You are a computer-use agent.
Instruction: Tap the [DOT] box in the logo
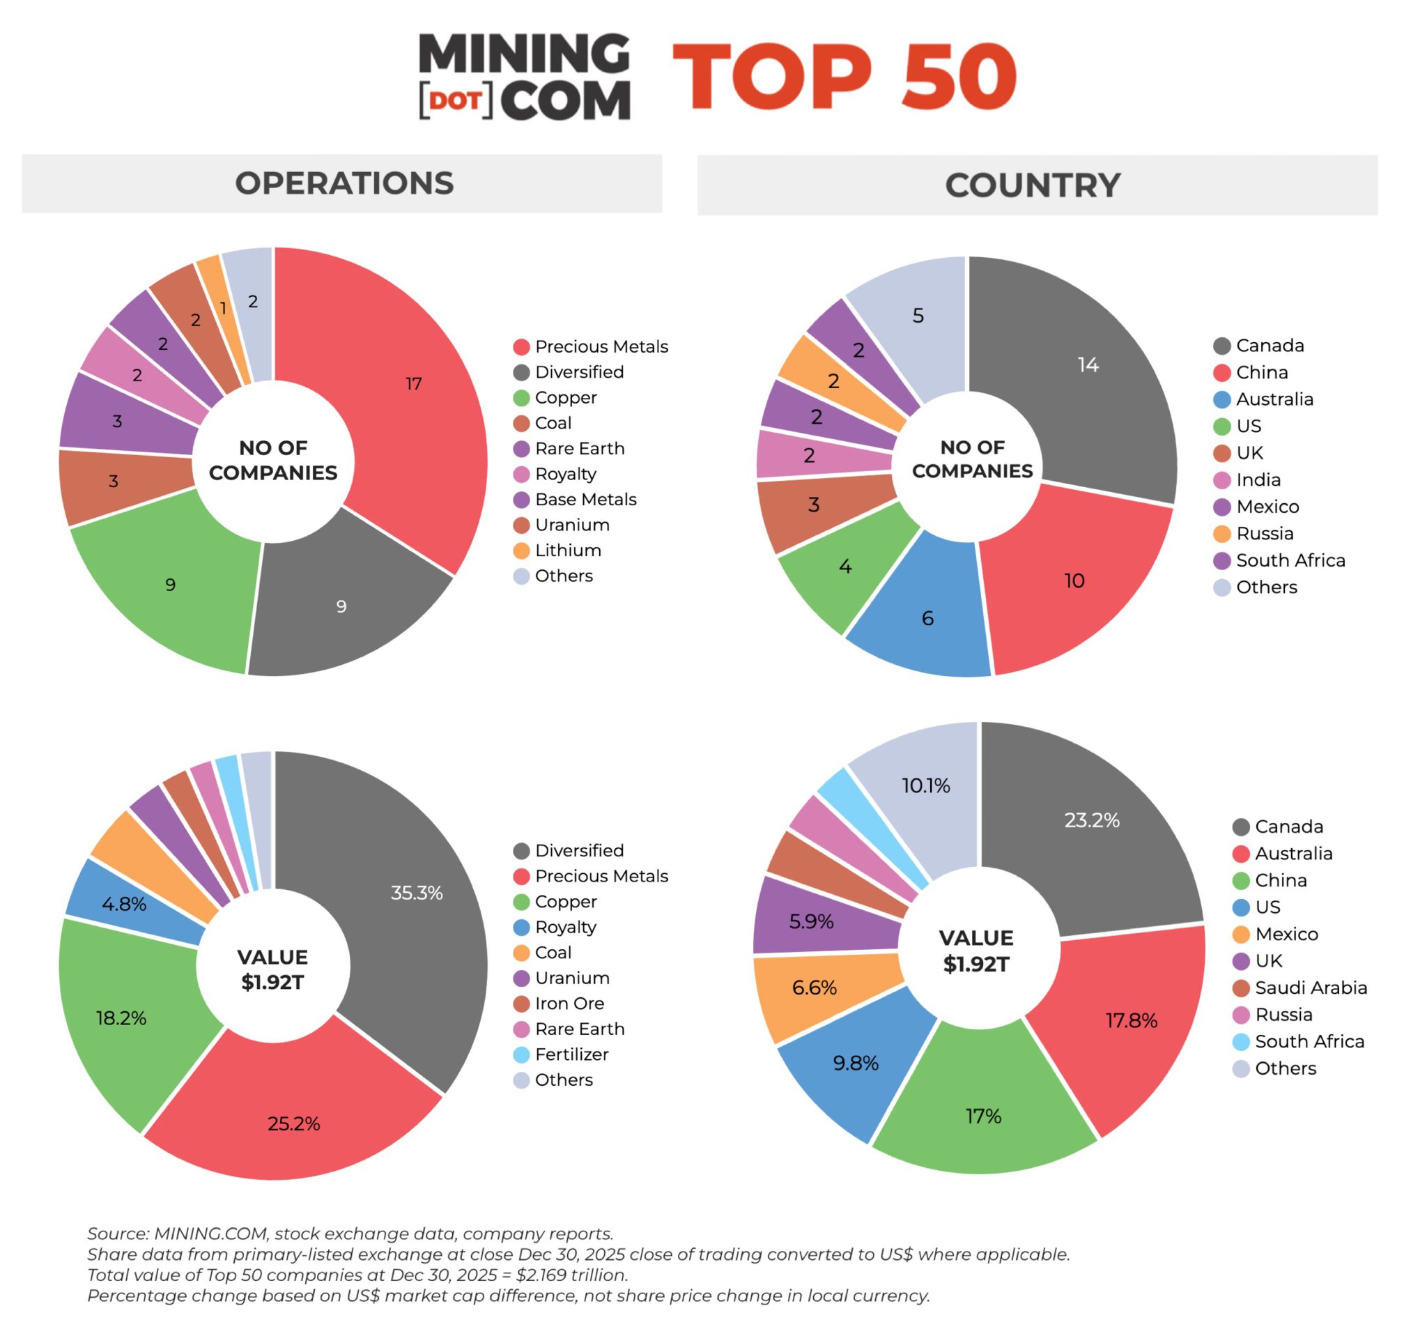coord(456,101)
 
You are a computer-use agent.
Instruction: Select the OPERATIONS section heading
coord(344,183)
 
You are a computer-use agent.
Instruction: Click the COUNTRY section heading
coord(1032,185)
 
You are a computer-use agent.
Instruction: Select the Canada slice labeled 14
coord(1077,374)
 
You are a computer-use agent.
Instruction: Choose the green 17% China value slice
coord(983,1106)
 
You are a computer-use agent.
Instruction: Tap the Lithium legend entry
coord(567,551)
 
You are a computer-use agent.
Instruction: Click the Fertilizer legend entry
coord(571,1054)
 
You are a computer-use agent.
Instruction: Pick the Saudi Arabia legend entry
coord(1309,988)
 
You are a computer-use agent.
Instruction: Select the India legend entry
coord(1258,479)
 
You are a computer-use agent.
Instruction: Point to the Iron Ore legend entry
coord(569,1004)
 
